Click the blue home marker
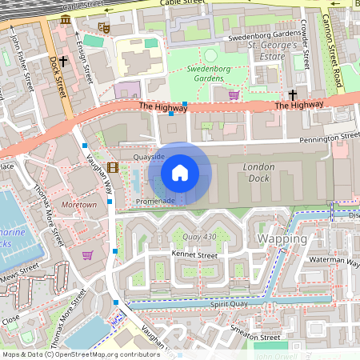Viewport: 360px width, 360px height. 180,171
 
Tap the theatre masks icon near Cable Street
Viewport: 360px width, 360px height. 103,27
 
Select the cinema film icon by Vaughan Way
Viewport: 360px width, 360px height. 112,167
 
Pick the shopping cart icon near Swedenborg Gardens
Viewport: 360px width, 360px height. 234,95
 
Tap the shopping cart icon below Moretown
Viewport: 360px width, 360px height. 87,255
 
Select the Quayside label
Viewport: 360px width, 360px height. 149,158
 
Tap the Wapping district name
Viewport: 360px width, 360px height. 282,239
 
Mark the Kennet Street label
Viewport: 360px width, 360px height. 194,255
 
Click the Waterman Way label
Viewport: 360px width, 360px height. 336,260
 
